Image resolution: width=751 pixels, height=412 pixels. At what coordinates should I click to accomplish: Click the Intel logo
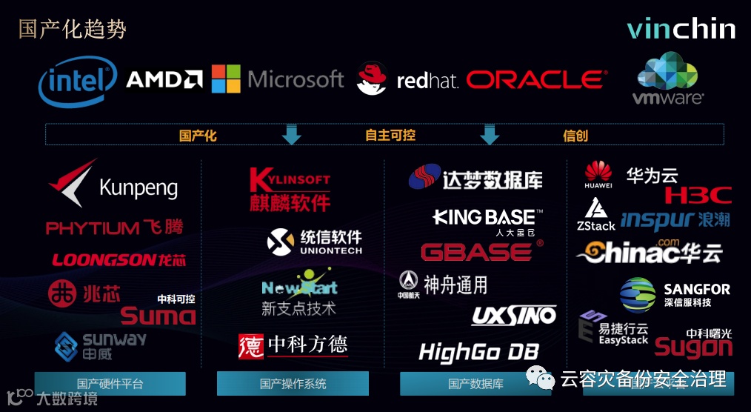78,84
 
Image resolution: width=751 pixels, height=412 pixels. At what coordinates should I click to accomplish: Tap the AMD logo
164,79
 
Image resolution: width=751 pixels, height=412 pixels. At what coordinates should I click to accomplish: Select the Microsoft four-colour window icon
226,79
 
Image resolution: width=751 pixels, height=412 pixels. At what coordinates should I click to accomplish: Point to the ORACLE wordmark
536,79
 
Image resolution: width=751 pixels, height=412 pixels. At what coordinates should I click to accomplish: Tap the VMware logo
669,78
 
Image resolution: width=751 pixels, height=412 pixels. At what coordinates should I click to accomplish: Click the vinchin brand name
681,29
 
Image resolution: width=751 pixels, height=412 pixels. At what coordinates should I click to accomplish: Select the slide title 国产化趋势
73,29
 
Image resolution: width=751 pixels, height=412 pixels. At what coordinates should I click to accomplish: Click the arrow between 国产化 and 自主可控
292,135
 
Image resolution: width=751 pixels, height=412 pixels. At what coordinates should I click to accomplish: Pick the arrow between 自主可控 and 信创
489,135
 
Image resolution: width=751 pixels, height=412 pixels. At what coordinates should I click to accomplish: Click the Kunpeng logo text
138,187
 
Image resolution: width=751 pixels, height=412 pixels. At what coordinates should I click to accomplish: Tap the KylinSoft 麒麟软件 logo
290,190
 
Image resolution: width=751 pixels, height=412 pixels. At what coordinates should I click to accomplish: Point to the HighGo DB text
478,351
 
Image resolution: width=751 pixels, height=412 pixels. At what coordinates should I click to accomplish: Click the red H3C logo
698,196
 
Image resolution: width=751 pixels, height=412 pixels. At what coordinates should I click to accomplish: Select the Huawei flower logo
598,172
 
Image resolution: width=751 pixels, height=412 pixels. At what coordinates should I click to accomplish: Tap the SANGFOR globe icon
637,294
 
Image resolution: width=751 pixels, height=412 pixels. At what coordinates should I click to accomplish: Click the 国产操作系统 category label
293,384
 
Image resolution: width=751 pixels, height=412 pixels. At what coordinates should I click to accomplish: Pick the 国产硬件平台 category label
110,384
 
